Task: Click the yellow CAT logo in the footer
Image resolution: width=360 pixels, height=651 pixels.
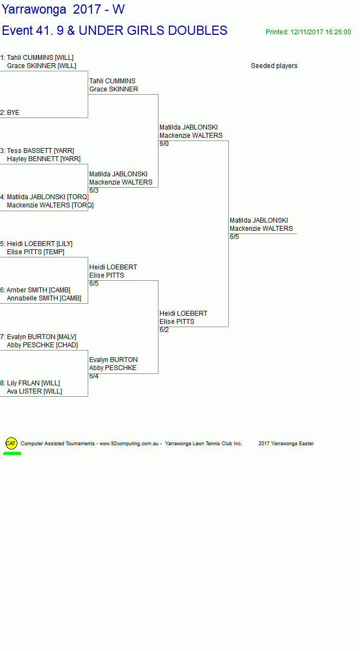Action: tap(11, 444)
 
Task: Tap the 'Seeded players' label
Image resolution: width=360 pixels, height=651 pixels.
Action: tap(274, 66)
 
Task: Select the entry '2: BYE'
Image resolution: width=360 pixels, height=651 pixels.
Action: tap(10, 113)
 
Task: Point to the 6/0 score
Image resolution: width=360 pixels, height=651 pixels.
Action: tap(164, 144)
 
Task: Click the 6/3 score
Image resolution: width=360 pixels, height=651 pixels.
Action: tap(94, 191)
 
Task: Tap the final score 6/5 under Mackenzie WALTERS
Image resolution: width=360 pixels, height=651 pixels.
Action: tap(234, 237)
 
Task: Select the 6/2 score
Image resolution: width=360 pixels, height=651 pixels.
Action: tap(164, 330)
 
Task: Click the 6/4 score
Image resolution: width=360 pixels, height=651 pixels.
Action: tap(94, 376)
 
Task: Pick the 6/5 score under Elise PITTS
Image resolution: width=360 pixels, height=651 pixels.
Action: tap(94, 284)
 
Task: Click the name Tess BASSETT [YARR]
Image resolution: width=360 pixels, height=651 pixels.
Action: tap(40, 151)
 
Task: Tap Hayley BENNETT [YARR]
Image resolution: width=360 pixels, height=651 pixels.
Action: tap(44, 159)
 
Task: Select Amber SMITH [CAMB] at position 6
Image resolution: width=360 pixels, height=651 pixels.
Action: tap(38, 290)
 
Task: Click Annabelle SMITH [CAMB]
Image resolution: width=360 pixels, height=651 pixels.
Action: tap(44, 298)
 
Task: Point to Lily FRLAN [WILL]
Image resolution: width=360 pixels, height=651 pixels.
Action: tap(33, 383)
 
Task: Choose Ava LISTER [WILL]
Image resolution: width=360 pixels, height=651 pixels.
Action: tap(34, 391)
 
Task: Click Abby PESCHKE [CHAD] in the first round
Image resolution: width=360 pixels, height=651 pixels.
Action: tap(42, 345)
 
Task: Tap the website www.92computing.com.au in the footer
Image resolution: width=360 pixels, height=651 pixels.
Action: tap(129, 444)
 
